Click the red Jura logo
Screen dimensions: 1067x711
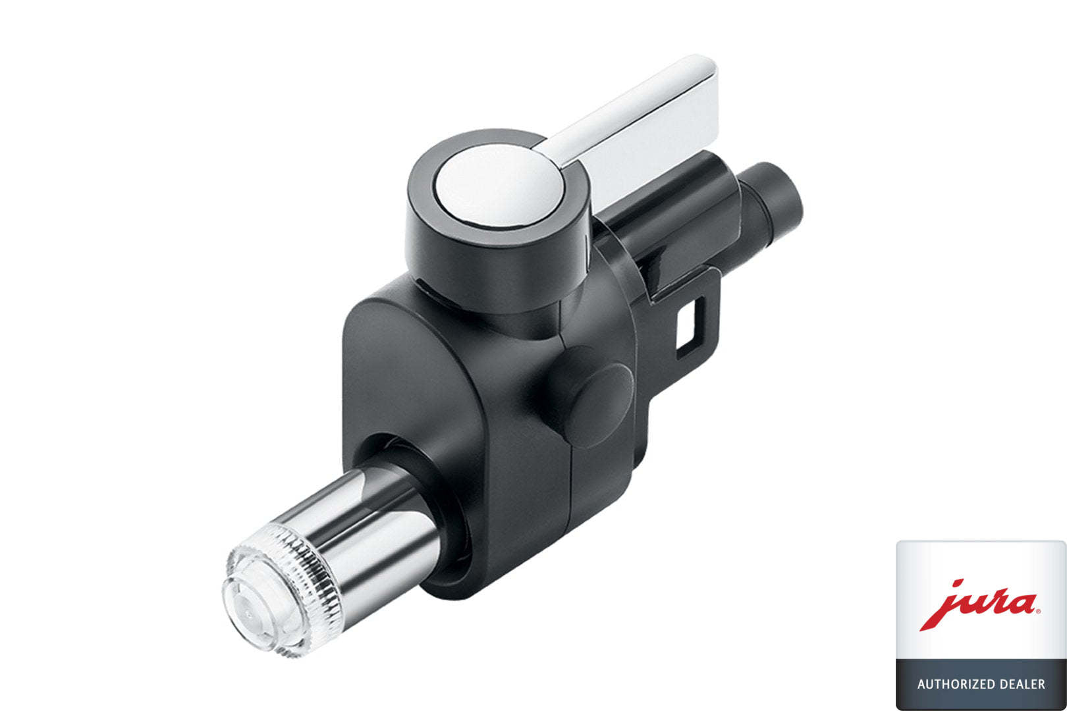(979, 604)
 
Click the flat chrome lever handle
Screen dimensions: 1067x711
(638, 124)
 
